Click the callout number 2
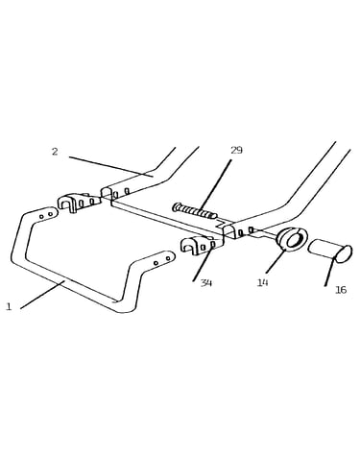pyautogui.click(x=55, y=152)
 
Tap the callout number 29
pyautogui.click(x=236, y=150)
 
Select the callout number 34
pyautogui.click(x=206, y=283)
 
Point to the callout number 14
pyautogui.click(x=262, y=282)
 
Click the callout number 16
pyautogui.click(x=341, y=290)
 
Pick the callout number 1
pyautogui.click(x=9, y=306)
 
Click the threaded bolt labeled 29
pyautogui.click(x=195, y=211)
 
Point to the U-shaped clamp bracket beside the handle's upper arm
pyautogui.click(x=78, y=202)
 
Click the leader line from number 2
pyautogui.click(x=111, y=166)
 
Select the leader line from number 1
pyautogui.click(x=42, y=295)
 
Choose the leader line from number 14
pyautogui.click(x=275, y=263)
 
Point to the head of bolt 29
pyautogui.click(x=176, y=206)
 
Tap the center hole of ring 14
pyautogui.click(x=295, y=240)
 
